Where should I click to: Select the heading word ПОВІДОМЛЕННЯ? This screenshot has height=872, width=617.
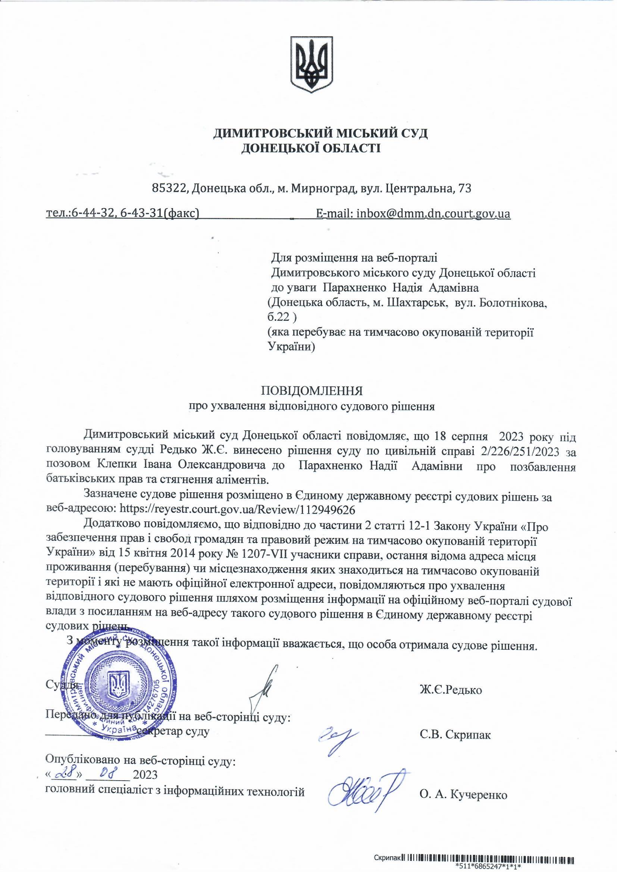tap(311, 391)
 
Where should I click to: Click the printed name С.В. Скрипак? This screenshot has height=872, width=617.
tap(455, 734)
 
